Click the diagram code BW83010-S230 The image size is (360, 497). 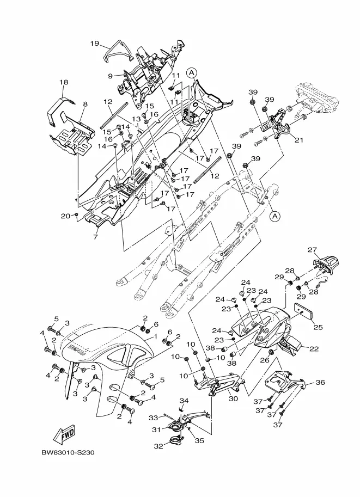pos(68,452)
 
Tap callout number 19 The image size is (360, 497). pos(95,44)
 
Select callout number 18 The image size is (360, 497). pos(64,82)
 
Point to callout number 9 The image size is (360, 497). pos(111,76)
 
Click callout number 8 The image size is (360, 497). pos(86,104)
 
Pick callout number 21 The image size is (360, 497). pos(299,139)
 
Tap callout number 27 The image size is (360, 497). pos(312,250)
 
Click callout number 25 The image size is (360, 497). pos(318,327)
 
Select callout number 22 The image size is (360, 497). pos(314,348)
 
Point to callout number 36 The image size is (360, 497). pos(320,382)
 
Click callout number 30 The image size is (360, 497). pos(233,398)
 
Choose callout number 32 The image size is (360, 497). pos(158,446)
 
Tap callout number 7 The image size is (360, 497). pos(95,236)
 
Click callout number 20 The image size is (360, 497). pos(65,216)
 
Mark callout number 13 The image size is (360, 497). pos(136,119)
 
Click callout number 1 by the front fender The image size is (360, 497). pos(155,336)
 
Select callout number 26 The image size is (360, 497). pos(265,360)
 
